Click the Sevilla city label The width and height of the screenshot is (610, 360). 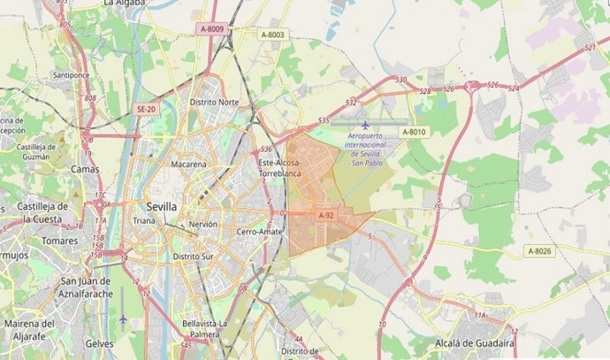tap(161, 205)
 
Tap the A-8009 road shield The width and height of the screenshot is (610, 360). tap(213, 29)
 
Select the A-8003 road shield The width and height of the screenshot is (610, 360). tap(273, 34)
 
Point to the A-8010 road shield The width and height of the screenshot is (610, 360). tap(414, 132)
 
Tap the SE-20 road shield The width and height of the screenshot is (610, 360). tap(146, 108)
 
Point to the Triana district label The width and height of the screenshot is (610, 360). tap(143, 220)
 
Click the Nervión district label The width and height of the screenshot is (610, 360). tap(202, 225)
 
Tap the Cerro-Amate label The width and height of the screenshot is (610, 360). tap(257, 232)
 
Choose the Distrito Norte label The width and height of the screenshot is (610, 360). tap(214, 103)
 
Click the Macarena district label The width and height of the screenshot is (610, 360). tap(189, 165)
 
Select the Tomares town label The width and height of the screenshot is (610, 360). tap(60, 241)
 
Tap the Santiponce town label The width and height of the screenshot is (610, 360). tap(72, 75)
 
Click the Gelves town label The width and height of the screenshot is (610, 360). tap(100, 342)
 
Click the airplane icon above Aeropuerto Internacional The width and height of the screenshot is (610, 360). tap(364, 124)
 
